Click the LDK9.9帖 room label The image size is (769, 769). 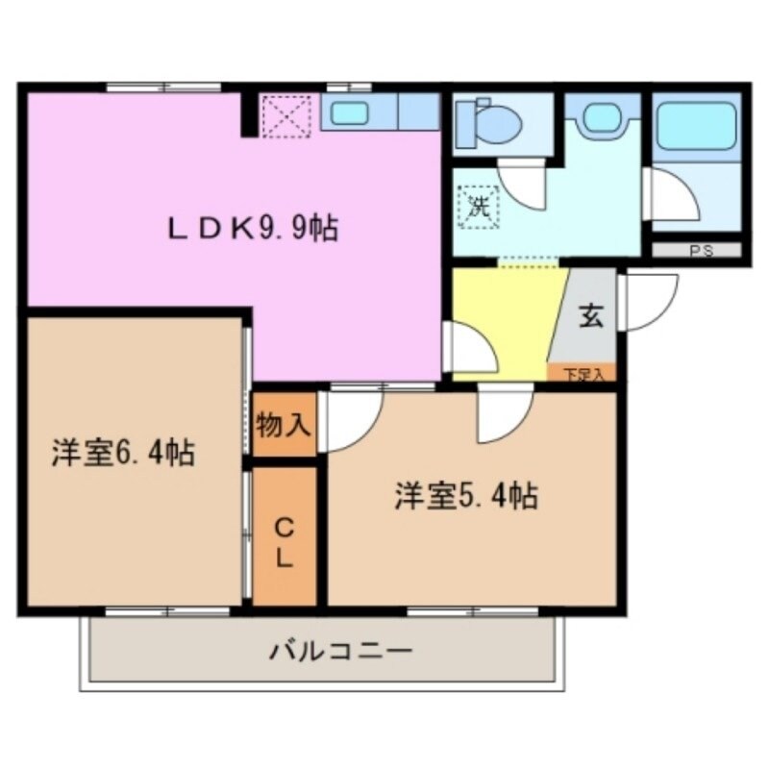pos(254,228)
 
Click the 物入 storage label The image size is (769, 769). pos(285,424)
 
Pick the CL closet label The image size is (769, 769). pos(285,542)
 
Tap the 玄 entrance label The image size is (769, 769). pos(590,317)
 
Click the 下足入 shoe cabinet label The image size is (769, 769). pos(583,374)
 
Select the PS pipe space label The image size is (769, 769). pos(696,251)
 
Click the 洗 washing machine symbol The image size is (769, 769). pos(479,206)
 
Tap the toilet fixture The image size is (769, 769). pos(490,123)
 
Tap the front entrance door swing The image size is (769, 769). pos(648,299)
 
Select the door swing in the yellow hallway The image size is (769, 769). pos(471,346)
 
